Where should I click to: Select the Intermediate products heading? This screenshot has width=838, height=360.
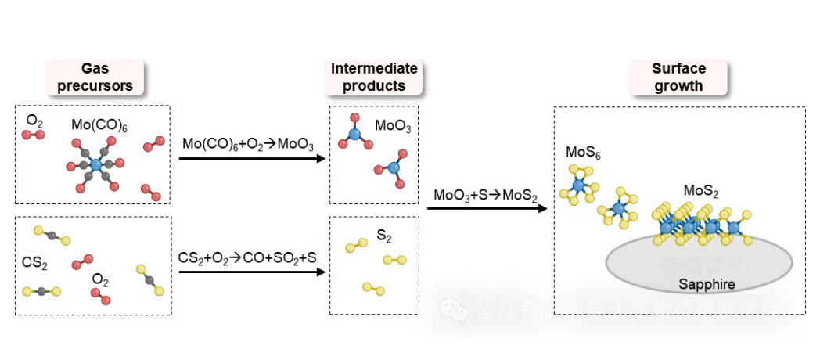pyautogui.click(x=374, y=77)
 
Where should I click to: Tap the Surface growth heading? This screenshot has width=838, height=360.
pyautogui.click(x=678, y=77)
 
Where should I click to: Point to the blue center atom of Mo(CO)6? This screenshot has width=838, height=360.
pyautogui.click(x=95, y=165)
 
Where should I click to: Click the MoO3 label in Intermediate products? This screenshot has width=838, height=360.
pyautogui.click(x=392, y=125)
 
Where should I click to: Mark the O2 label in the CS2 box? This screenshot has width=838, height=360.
pyautogui.click(x=100, y=279)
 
